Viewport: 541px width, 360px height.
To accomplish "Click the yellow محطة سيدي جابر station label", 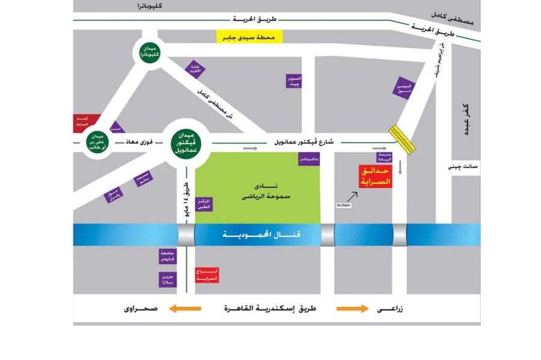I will pyautogui.click(x=249, y=37).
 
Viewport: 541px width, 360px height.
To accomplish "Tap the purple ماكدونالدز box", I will pyautogui.click(x=309, y=159).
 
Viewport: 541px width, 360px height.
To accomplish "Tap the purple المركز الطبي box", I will pyautogui.click(x=204, y=202).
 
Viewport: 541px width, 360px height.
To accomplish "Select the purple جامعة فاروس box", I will pyautogui.click(x=167, y=256).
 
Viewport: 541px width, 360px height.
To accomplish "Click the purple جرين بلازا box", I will pyautogui.click(x=167, y=279).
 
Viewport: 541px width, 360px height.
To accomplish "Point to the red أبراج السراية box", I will pyautogui.click(x=207, y=275).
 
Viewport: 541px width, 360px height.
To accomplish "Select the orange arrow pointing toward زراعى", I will pyautogui.click(x=352, y=309).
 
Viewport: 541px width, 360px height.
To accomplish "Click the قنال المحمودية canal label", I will pyautogui.click(x=265, y=234).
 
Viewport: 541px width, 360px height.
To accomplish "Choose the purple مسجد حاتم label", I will pyautogui.click(x=144, y=178).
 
